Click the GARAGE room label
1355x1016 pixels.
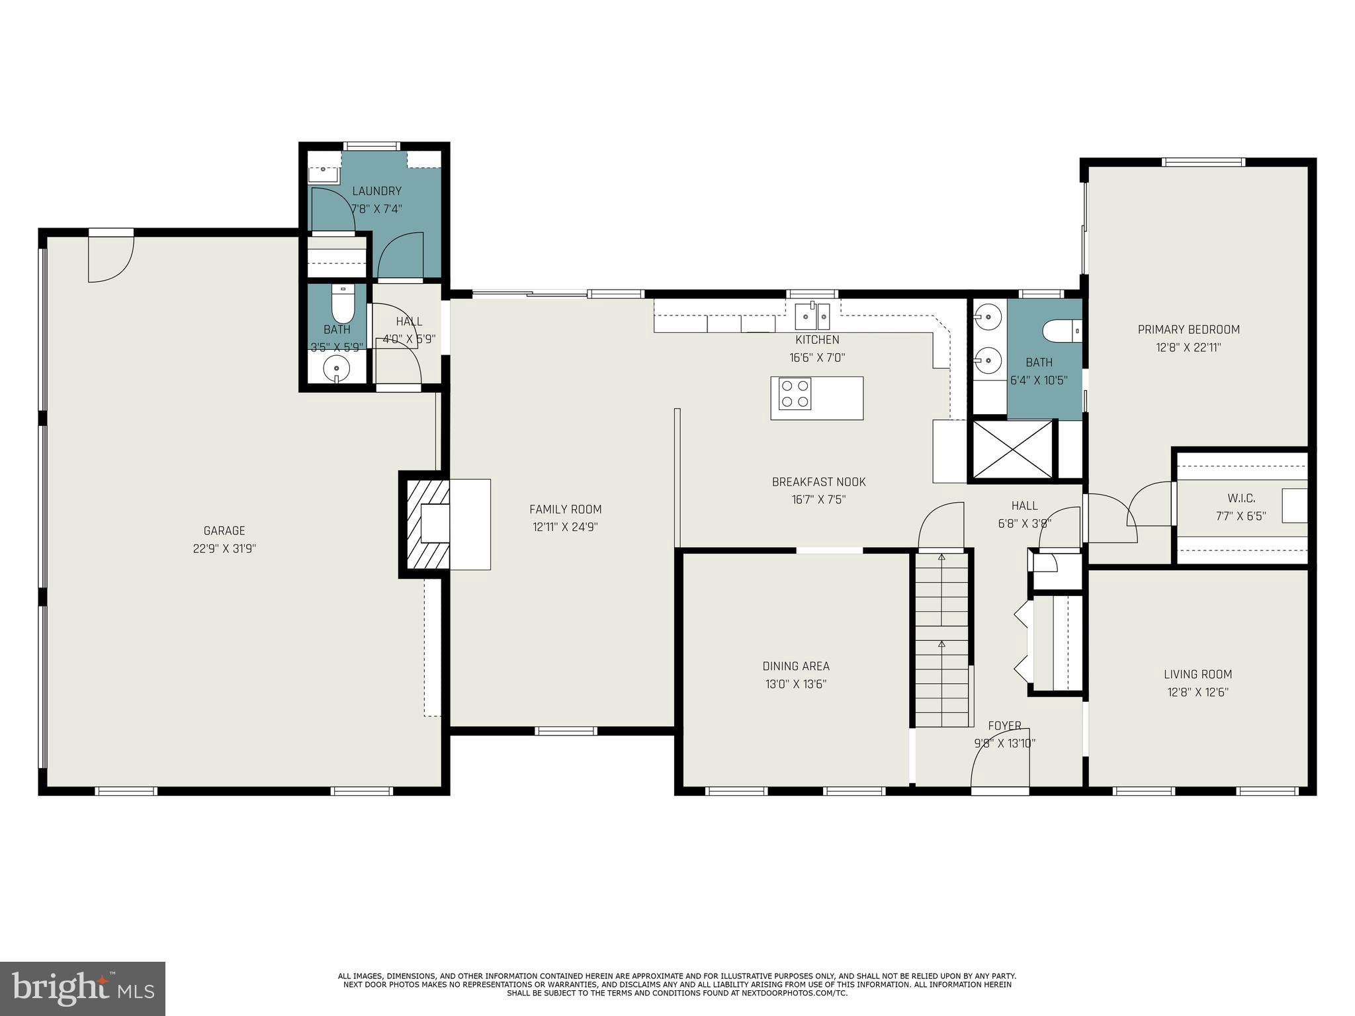pos(224,530)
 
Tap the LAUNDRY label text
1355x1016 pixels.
pos(376,191)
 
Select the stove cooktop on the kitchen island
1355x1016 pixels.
pos(795,394)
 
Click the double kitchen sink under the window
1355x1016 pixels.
pos(812,316)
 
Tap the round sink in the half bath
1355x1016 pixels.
pos(337,368)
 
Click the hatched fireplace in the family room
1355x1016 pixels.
pos(424,524)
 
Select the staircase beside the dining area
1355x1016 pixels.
pos(942,640)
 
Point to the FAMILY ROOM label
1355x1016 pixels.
pos(566,509)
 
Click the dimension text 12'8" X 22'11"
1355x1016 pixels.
pos(1189,347)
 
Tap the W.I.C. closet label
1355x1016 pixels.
pos(1241,498)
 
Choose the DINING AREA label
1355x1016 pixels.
pos(796,666)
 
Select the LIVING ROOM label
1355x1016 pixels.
pos(1198,675)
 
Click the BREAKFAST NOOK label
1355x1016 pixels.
pos(819,482)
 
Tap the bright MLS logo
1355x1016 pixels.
pos(83,989)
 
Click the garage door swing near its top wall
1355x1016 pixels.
pos(111,259)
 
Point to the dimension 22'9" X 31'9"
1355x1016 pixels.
pos(224,548)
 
